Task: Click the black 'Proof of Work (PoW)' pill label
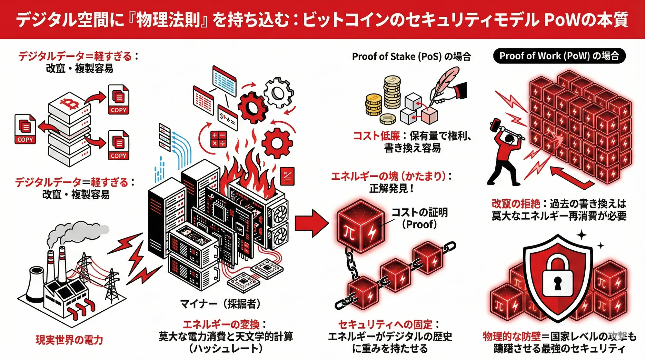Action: tap(559, 56)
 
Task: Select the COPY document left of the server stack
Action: tap(25, 129)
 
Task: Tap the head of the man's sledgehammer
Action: tap(495, 123)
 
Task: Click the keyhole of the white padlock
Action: tap(558, 284)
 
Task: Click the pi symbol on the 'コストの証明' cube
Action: tap(350, 232)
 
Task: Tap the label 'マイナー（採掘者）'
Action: tap(220, 304)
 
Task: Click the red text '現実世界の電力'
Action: tap(69, 340)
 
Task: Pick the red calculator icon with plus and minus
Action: tap(218, 139)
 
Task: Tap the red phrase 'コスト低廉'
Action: tap(376, 136)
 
